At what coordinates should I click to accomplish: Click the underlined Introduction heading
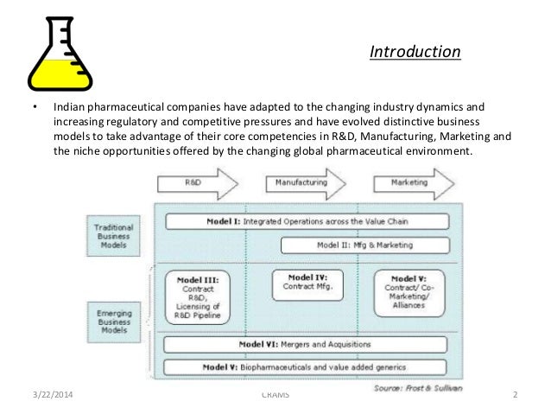point(415,54)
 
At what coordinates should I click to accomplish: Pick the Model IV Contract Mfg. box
point(306,282)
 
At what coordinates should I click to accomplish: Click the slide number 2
point(515,396)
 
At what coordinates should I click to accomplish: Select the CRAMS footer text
point(275,396)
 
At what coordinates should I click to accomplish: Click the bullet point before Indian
point(35,107)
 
